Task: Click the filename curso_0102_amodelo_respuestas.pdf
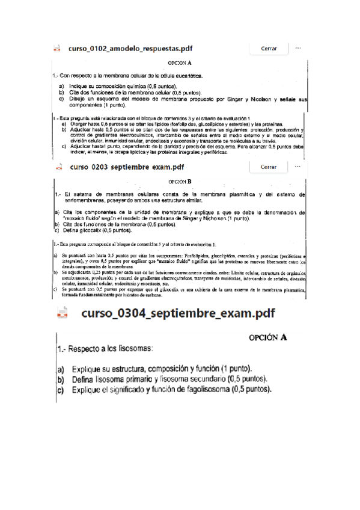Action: click(130, 48)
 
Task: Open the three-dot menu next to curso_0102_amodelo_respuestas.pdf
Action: click(297, 48)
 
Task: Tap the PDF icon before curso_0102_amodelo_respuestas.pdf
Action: click(57, 48)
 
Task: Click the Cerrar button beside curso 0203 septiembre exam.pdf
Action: click(269, 167)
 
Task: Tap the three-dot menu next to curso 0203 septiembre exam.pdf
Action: click(297, 167)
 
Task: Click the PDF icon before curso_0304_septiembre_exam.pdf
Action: click(63, 313)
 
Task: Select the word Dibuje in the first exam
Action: click(76, 99)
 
